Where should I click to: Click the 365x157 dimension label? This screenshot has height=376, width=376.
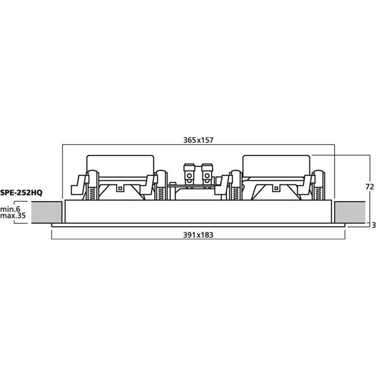coord(198,140)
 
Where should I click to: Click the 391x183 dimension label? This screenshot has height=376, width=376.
coord(198,235)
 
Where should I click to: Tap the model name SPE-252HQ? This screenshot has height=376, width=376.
coord(21,192)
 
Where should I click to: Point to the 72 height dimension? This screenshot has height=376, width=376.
coord(370,187)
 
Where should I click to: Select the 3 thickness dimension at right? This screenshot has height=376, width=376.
coord(373,225)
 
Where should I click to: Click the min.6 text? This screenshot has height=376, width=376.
coord(10,209)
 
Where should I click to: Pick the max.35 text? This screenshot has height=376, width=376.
coord(13,216)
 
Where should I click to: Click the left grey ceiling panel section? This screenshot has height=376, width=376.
coord(46,212)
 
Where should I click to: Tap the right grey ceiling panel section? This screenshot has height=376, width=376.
coord(350,212)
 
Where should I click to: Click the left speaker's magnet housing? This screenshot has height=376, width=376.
coord(120,165)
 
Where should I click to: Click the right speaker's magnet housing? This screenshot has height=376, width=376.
coord(276,165)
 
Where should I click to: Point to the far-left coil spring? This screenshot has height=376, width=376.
coord(93,193)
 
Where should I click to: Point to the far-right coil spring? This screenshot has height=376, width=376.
coord(319,193)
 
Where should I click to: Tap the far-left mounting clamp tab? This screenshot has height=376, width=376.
coord(78,185)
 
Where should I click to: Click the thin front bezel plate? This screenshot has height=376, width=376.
coord(198,225)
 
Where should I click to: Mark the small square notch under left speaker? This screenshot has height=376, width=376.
coord(120,188)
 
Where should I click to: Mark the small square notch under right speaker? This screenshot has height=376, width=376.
coord(276,188)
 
